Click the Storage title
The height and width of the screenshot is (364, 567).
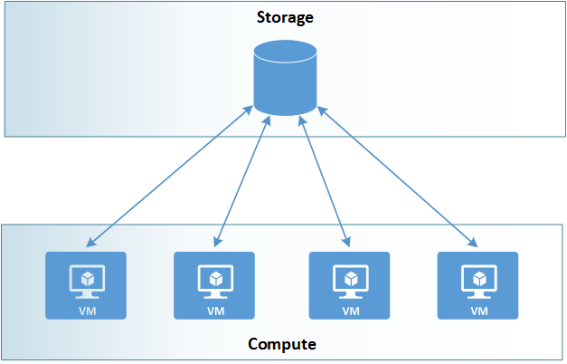[x=284, y=17]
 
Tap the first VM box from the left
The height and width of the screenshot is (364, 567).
[x=86, y=285]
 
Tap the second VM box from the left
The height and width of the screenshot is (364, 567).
[x=214, y=285]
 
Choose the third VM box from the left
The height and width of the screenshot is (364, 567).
[x=349, y=285]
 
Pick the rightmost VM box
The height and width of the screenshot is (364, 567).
[x=477, y=285]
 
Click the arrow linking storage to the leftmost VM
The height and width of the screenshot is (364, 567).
[x=169, y=177]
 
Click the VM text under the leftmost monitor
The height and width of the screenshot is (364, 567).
[x=86, y=311]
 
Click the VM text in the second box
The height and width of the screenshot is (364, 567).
[x=214, y=311]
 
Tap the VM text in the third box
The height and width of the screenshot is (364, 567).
[x=349, y=311]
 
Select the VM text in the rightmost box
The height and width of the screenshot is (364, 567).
[x=477, y=311]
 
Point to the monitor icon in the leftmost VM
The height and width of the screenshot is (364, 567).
[x=86, y=279]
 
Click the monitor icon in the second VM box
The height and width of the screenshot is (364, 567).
[x=214, y=279]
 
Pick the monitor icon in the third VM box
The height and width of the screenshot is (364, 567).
[x=349, y=279]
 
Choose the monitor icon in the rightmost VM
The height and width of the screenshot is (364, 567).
[x=477, y=279]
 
